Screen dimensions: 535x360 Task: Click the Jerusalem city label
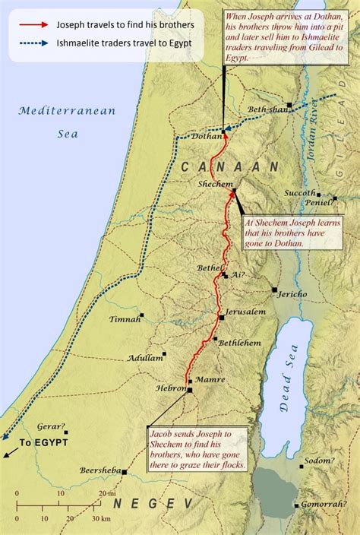[247, 312]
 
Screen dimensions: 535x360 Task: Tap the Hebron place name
[171, 388]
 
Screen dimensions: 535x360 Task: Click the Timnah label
[125, 319]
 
